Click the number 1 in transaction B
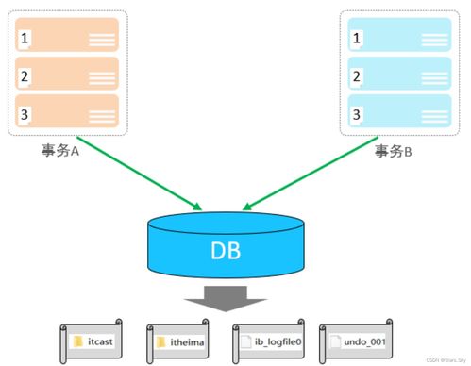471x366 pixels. (x=356, y=39)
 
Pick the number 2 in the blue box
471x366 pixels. (x=356, y=76)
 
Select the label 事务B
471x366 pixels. (x=394, y=150)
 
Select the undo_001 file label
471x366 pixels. (x=362, y=341)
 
